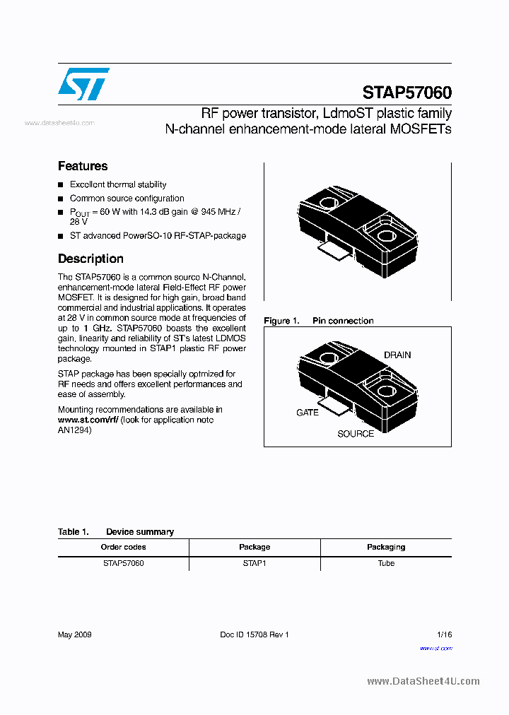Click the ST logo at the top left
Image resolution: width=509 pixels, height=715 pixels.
coord(83,84)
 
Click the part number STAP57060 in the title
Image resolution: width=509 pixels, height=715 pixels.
coord(406,93)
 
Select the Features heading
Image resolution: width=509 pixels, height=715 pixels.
coord(83,166)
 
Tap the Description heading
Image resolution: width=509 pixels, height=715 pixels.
coord(90,259)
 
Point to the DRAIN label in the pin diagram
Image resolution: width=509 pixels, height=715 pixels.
coord(397,355)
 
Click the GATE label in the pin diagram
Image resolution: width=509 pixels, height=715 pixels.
coord(308,412)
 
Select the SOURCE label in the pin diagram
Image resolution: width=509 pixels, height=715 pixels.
coord(356,433)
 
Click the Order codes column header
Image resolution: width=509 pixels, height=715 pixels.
coord(123,547)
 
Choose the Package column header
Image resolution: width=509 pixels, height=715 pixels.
coord(255,547)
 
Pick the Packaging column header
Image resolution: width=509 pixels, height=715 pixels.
coord(386,547)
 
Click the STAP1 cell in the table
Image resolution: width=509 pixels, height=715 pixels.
coord(255,563)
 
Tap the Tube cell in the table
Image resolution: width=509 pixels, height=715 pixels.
coord(386,563)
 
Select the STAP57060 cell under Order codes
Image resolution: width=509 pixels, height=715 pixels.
coord(123,563)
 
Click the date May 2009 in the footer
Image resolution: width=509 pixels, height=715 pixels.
coord(74,634)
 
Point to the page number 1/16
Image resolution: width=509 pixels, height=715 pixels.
coord(444,634)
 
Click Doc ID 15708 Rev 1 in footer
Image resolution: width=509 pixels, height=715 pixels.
coord(255,634)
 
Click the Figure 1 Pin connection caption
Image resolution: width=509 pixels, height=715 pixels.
coord(318,321)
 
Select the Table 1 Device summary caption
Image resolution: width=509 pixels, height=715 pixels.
coord(116,532)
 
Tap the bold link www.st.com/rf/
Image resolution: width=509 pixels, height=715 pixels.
coord(88,420)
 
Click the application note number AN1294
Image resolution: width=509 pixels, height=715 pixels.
coord(74,430)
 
